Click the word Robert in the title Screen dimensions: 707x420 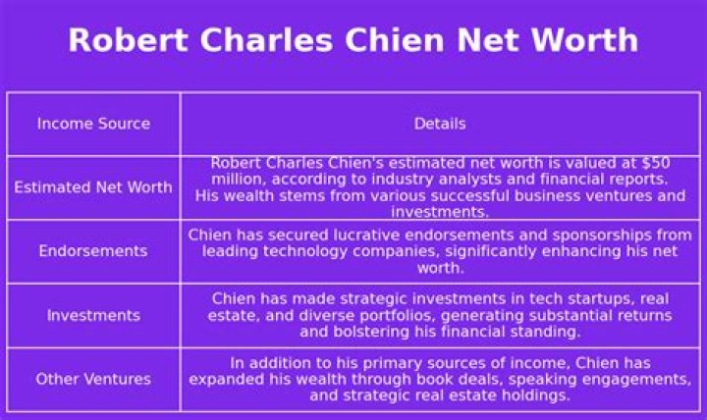pyautogui.click(x=128, y=40)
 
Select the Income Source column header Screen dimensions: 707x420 pyautogui.click(x=93, y=124)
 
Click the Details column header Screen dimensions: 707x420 pyautogui.click(x=440, y=124)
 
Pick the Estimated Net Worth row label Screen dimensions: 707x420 pyautogui.click(x=93, y=187)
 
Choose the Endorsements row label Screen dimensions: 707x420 pyautogui.click(x=93, y=250)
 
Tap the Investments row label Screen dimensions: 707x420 pyautogui.click(x=93, y=315)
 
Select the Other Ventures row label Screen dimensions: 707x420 pyautogui.click(x=93, y=379)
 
